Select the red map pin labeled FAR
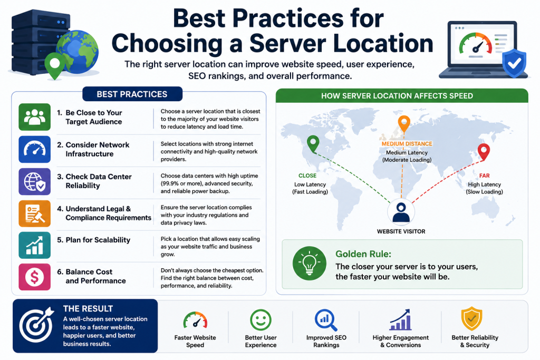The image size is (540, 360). (484, 152)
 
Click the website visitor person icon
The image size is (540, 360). (401, 212)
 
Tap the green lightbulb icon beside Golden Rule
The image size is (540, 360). (309, 264)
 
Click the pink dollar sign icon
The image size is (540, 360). (34, 277)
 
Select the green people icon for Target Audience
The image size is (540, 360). (34, 117)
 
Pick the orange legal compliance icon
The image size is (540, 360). (34, 213)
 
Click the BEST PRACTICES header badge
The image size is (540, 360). (132, 94)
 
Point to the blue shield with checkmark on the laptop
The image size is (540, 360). (514, 63)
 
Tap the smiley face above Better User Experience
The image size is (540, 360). (261, 320)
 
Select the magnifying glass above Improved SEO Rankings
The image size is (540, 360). (325, 320)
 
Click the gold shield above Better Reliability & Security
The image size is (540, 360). (471, 319)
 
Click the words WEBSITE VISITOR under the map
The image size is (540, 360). (401, 231)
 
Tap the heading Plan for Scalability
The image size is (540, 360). (98, 240)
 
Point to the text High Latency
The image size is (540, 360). (484, 184)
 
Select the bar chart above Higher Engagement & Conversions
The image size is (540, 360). (401, 319)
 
